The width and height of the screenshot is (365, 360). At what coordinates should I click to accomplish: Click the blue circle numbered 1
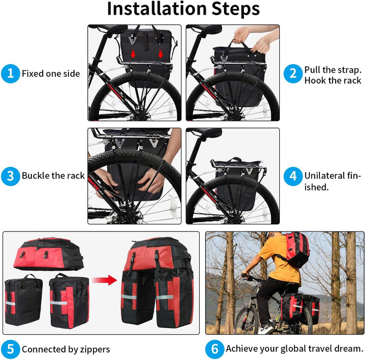[10, 74]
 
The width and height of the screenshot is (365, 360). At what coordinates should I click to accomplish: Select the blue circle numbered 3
[10, 176]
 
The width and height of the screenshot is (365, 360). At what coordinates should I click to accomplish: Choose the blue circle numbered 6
[214, 349]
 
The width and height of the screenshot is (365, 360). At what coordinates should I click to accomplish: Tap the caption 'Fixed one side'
[51, 74]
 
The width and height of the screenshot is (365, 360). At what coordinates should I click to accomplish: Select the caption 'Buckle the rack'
[53, 176]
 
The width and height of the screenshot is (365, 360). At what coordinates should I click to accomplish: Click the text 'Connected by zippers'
[65, 349]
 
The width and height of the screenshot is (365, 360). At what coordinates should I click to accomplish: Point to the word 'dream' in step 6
[347, 348]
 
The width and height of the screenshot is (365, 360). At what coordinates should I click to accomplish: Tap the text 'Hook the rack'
[333, 81]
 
